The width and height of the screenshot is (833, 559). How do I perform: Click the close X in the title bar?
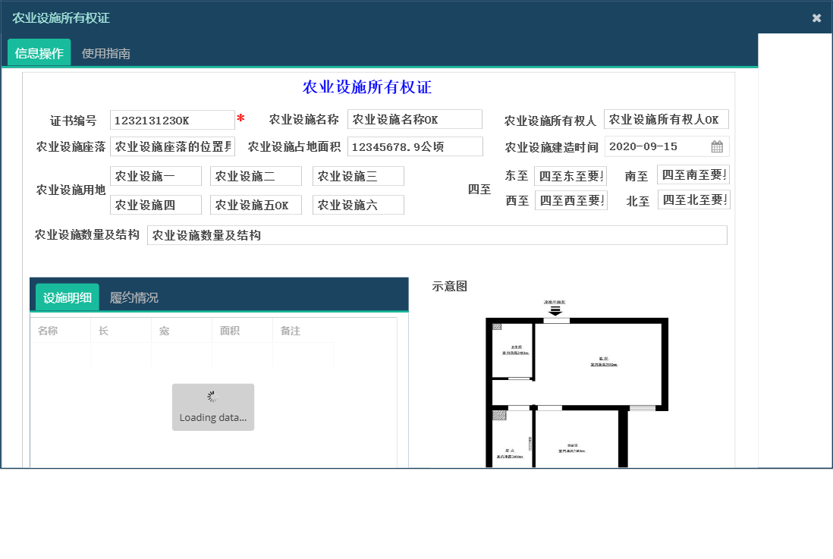[816, 18]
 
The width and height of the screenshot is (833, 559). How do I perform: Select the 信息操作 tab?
[39, 53]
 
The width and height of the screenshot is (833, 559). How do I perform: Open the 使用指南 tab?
[106, 53]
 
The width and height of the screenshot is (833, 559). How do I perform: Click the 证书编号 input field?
[172, 120]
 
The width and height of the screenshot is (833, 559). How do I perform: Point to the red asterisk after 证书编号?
[240, 119]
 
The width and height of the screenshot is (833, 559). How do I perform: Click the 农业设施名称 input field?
[414, 119]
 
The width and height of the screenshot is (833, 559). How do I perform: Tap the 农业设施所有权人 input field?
[665, 119]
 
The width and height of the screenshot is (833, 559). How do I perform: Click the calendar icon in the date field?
[716, 146]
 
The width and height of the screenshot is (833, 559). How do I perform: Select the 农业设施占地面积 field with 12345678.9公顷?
[414, 146]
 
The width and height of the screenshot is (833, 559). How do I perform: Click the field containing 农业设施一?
[156, 176]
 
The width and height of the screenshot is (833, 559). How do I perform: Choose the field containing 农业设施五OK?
[256, 205]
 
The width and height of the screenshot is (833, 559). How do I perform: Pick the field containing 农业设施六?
[358, 205]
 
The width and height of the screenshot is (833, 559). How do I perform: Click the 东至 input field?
[570, 176]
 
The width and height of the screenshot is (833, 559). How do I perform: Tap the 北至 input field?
[693, 199]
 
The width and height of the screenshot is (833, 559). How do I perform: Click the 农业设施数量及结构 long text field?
[437, 235]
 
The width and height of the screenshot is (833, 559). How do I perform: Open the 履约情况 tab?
[134, 297]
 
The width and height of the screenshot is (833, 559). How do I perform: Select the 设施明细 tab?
[68, 297]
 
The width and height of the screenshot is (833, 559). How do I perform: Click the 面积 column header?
[230, 331]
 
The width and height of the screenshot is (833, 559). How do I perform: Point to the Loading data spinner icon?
[212, 397]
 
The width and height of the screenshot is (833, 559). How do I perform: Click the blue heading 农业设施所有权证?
[367, 87]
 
